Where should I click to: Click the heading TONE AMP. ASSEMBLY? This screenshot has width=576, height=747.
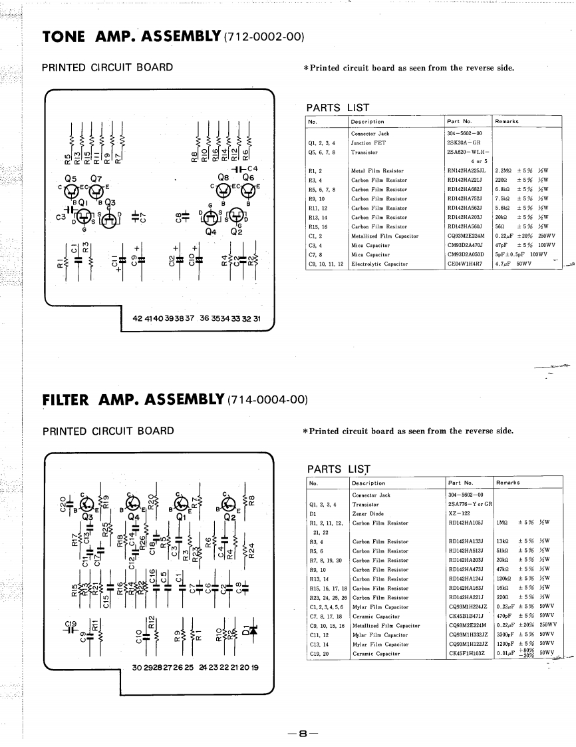[x=134, y=35]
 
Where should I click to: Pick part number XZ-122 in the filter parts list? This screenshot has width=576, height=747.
[x=459, y=513]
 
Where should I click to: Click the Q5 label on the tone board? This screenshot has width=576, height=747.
[x=71, y=178]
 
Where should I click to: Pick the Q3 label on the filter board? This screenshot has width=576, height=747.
[x=87, y=515]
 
